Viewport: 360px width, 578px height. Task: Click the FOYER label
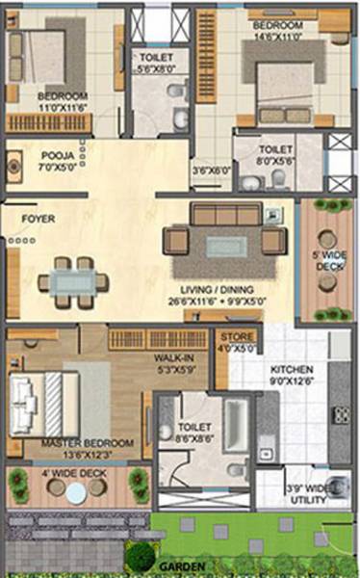[39, 219]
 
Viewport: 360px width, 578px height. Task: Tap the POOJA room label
[55, 154]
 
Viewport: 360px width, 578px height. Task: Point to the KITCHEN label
[292, 370]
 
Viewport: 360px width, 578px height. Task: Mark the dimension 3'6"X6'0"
[212, 171]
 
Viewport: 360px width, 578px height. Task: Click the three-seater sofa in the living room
[225, 214]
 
